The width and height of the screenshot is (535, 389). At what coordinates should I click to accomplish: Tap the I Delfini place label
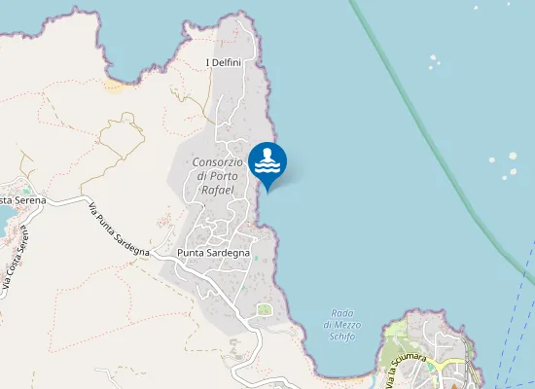tap(224, 63)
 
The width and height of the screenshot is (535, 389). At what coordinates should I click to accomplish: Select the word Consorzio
tap(218, 161)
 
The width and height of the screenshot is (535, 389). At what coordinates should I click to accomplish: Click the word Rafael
tap(217, 190)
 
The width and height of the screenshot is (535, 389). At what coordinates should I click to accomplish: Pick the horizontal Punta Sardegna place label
tap(214, 253)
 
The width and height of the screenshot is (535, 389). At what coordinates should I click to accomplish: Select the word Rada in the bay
tap(341, 312)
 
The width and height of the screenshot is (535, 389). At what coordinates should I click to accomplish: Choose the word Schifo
tap(341, 336)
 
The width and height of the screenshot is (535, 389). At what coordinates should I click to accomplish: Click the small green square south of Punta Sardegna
tap(264, 310)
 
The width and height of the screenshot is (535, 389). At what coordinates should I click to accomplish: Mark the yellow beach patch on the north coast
tap(115, 86)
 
